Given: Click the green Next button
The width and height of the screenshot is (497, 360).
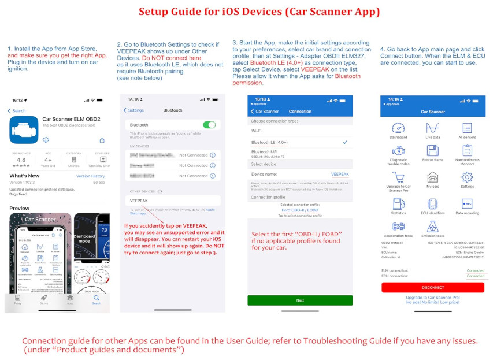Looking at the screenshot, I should click(300, 300).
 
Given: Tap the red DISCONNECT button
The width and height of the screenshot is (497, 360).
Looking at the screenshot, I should click(433, 287).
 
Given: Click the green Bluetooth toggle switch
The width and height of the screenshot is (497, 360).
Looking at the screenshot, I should click(209, 125).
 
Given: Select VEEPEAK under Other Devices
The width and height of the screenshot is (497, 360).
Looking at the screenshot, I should click(139, 201).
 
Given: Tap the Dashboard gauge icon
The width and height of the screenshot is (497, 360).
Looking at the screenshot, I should click(398, 129).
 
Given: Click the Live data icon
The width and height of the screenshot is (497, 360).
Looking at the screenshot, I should click(432, 129).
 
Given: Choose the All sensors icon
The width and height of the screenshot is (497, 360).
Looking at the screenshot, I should click(467, 129).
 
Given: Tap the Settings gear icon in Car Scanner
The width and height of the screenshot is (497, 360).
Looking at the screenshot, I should click(467, 178).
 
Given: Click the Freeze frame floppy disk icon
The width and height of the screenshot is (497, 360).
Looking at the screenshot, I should click(432, 151).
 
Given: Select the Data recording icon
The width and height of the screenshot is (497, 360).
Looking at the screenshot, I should click(467, 203).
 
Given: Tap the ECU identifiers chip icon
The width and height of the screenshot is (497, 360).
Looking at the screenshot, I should click(432, 203).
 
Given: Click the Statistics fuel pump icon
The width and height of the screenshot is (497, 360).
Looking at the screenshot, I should click(398, 203).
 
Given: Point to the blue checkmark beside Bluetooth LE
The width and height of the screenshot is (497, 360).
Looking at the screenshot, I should click(345, 142).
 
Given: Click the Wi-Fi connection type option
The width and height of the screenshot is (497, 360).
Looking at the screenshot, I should click(256, 131).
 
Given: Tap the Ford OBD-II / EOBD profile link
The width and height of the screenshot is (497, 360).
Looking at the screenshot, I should click(300, 210).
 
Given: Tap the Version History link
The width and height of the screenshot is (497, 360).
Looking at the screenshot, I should click(91, 176).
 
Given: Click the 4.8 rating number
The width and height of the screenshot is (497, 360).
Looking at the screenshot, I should click(21, 159).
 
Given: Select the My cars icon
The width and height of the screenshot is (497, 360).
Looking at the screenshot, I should click(432, 178).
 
